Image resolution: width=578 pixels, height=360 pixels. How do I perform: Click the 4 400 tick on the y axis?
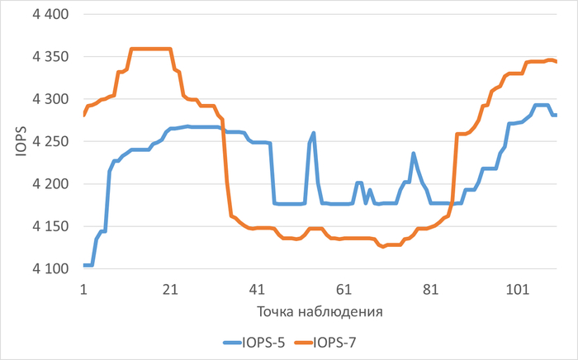click(51, 15)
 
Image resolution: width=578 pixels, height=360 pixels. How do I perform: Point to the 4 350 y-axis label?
click(51, 57)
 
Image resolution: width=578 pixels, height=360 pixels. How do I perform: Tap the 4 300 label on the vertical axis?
click(51, 99)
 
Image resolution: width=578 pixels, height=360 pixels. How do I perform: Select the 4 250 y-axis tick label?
click(51, 142)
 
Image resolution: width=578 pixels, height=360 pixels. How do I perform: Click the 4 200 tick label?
click(51, 184)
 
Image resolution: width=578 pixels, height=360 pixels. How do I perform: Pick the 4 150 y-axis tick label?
click(51, 226)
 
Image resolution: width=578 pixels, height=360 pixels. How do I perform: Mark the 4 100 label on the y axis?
click(51, 268)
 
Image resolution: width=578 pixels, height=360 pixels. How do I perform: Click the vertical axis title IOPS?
click(19, 141)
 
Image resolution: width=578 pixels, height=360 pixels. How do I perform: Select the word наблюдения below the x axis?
click(340, 312)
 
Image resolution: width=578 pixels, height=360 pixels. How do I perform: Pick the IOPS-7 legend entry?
click(335, 340)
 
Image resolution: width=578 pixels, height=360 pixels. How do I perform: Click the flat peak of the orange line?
click(151, 49)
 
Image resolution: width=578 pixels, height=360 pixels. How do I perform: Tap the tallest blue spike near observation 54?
click(314, 132)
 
